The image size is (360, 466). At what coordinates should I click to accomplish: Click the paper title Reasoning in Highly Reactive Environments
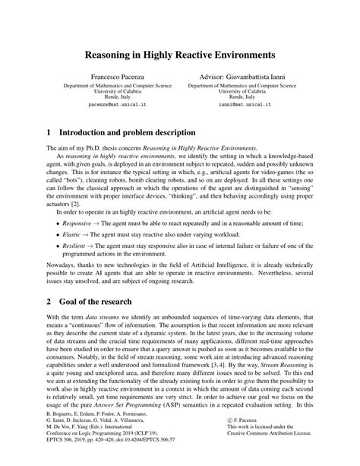tap(179, 55)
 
